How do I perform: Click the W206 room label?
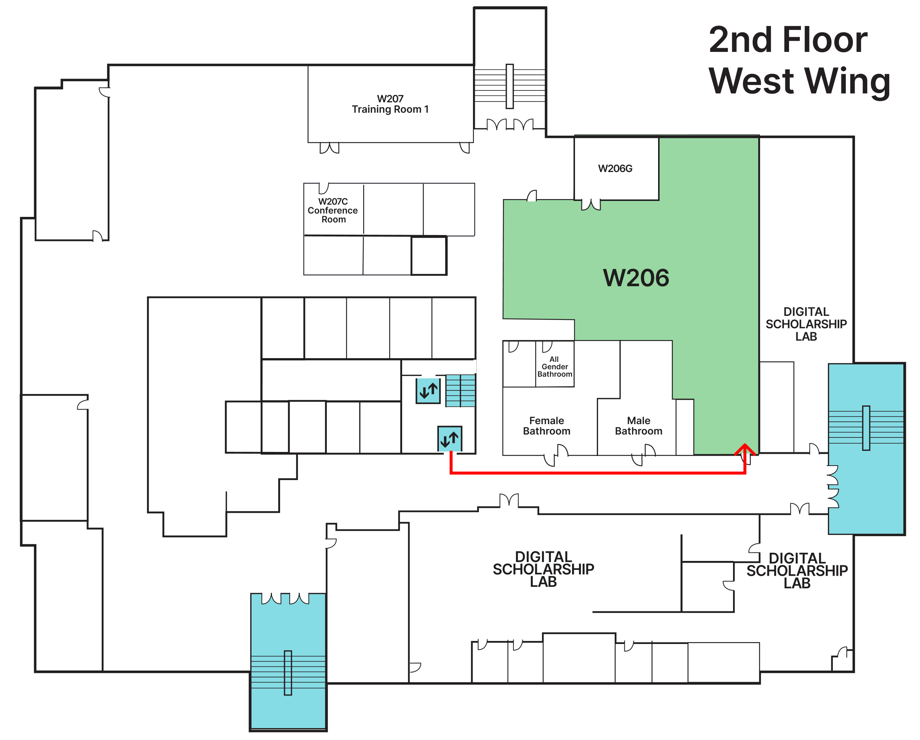[x=636, y=278]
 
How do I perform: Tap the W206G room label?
[x=615, y=168]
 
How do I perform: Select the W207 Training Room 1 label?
[x=390, y=104]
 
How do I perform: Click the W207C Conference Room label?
[x=333, y=210]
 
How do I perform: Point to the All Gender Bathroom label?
[x=554, y=367]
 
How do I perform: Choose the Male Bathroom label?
[x=638, y=426]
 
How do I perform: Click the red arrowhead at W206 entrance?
[x=745, y=449]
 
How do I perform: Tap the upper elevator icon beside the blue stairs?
[x=428, y=391]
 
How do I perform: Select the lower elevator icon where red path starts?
[x=449, y=439]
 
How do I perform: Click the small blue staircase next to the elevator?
[x=460, y=391]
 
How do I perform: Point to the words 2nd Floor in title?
[x=788, y=40]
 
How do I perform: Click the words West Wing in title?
[x=799, y=81]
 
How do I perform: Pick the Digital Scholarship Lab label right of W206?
[x=806, y=324]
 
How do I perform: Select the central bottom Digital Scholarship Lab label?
[x=543, y=569]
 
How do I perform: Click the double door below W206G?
[x=591, y=205]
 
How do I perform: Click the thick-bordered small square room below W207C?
[x=428, y=256]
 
